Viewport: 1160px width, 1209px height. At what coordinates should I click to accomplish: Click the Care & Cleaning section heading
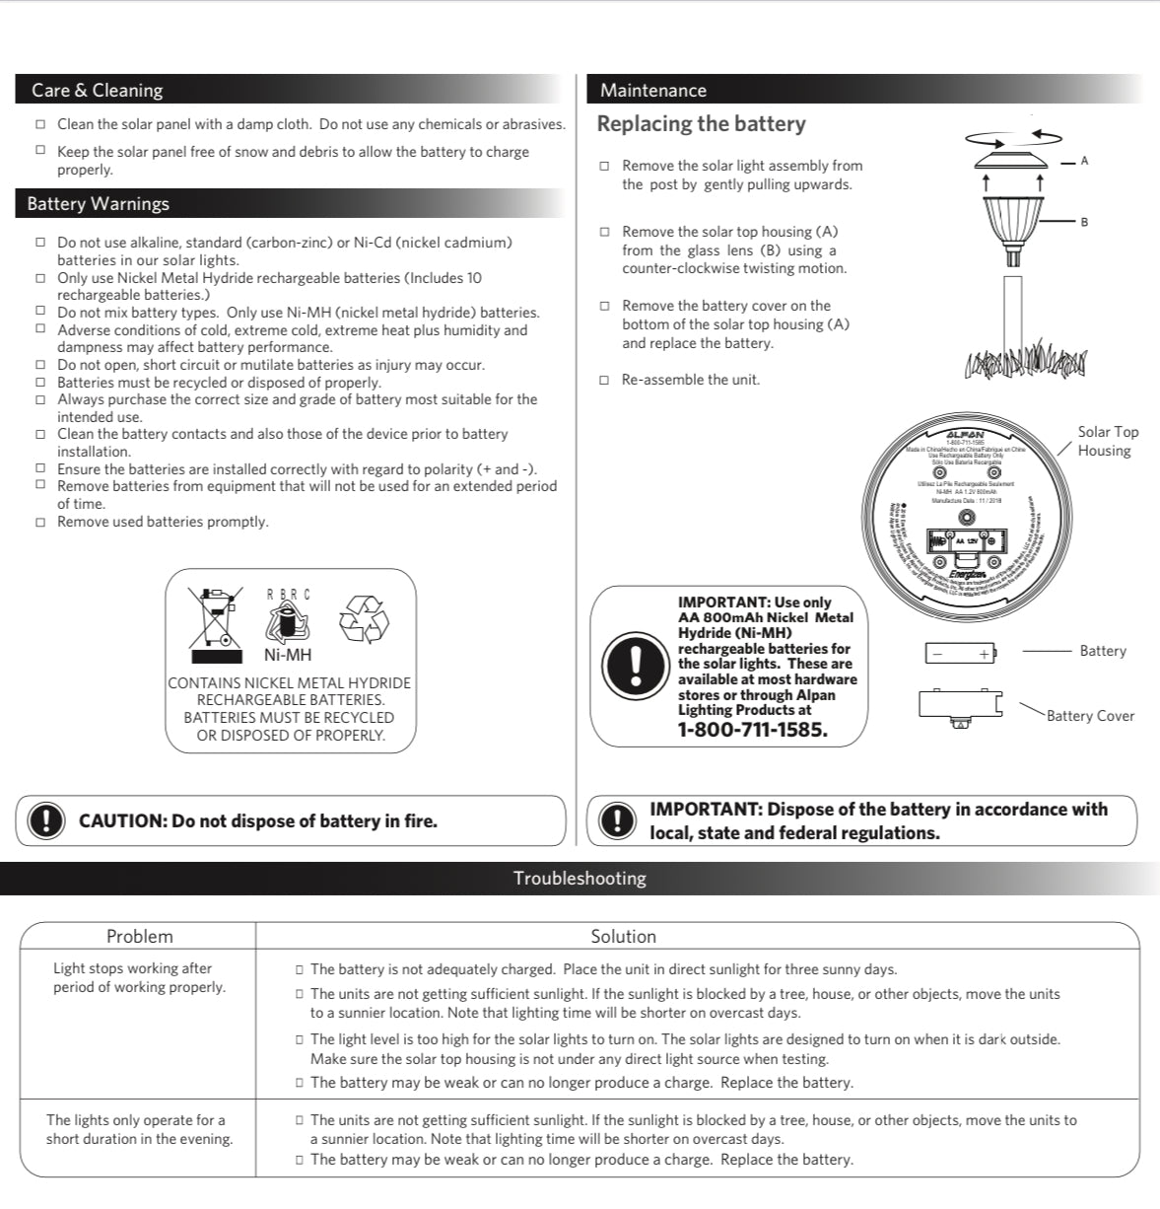(x=97, y=90)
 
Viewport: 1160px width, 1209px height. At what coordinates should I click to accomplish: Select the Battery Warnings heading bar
(x=98, y=203)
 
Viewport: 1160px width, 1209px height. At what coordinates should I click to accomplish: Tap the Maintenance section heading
(x=652, y=90)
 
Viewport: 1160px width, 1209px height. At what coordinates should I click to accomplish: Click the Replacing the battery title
(x=701, y=124)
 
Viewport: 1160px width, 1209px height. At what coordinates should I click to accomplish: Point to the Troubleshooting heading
(x=580, y=878)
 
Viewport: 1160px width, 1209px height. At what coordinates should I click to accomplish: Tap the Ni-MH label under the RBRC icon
(x=287, y=655)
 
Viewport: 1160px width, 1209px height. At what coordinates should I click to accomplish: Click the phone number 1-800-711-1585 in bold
(x=752, y=730)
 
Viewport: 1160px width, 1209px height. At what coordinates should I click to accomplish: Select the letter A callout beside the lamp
(x=1084, y=161)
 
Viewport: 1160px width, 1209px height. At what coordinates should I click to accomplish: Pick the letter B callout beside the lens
(x=1084, y=222)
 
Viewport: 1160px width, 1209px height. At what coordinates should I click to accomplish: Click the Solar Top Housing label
(x=1107, y=441)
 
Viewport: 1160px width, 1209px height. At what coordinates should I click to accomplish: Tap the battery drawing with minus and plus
(x=960, y=652)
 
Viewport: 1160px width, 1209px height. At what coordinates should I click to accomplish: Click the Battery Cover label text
(x=1090, y=716)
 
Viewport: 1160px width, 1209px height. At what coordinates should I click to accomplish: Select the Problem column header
(x=139, y=936)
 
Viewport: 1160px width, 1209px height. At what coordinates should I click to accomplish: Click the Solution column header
(x=623, y=936)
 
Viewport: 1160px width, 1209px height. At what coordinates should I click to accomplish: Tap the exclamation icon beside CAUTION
(x=45, y=820)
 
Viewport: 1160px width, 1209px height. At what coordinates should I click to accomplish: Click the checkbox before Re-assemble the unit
(x=604, y=381)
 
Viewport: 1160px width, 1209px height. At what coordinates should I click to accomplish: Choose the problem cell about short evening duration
(x=139, y=1129)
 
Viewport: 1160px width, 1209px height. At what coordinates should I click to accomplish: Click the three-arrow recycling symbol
(x=364, y=619)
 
